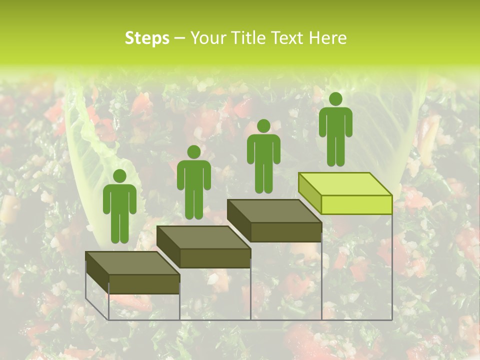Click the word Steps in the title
pos(147,38)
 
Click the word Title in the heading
pos(250,38)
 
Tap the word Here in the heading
pos(328,38)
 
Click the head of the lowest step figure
pos(119,176)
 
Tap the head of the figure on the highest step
pos(335,99)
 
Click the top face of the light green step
pos(345,184)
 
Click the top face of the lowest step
pos(132,263)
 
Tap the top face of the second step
pos(203,237)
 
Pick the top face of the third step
pos(274,211)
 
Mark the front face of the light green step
pos(356,204)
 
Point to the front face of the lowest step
pos(144,284)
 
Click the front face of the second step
pos(215,258)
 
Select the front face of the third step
pos(285,232)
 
